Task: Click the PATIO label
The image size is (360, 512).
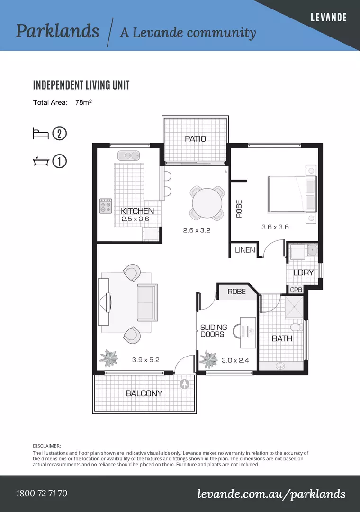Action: (x=195, y=139)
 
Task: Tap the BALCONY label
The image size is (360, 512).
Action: (x=144, y=393)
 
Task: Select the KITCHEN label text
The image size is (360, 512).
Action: (x=137, y=211)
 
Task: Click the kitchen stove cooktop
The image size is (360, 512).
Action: (x=106, y=206)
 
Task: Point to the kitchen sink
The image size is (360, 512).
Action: (x=128, y=155)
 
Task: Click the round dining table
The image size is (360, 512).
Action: (x=207, y=203)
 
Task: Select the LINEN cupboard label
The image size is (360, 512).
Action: (x=245, y=250)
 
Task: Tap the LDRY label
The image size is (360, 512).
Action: (x=303, y=273)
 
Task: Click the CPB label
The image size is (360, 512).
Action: (x=296, y=290)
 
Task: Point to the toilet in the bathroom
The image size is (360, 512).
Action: (x=297, y=327)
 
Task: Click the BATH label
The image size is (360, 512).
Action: (x=282, y=338)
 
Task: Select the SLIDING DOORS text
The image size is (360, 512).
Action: (x=214, y=330)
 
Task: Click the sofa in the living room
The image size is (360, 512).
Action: (x=148, y=302)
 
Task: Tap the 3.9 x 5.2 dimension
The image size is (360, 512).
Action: (x=145, y=360)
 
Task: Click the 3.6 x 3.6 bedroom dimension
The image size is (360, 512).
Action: (x=275, y=227)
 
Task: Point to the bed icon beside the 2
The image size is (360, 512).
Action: (x=40, y=134)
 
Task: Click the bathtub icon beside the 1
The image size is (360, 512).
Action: (x=41, y=161)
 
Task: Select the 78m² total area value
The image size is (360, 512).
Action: (x=83, y=102)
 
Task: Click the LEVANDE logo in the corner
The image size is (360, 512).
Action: (x=329, y=18)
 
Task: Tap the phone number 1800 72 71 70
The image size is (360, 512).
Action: (x=42, y=493)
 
